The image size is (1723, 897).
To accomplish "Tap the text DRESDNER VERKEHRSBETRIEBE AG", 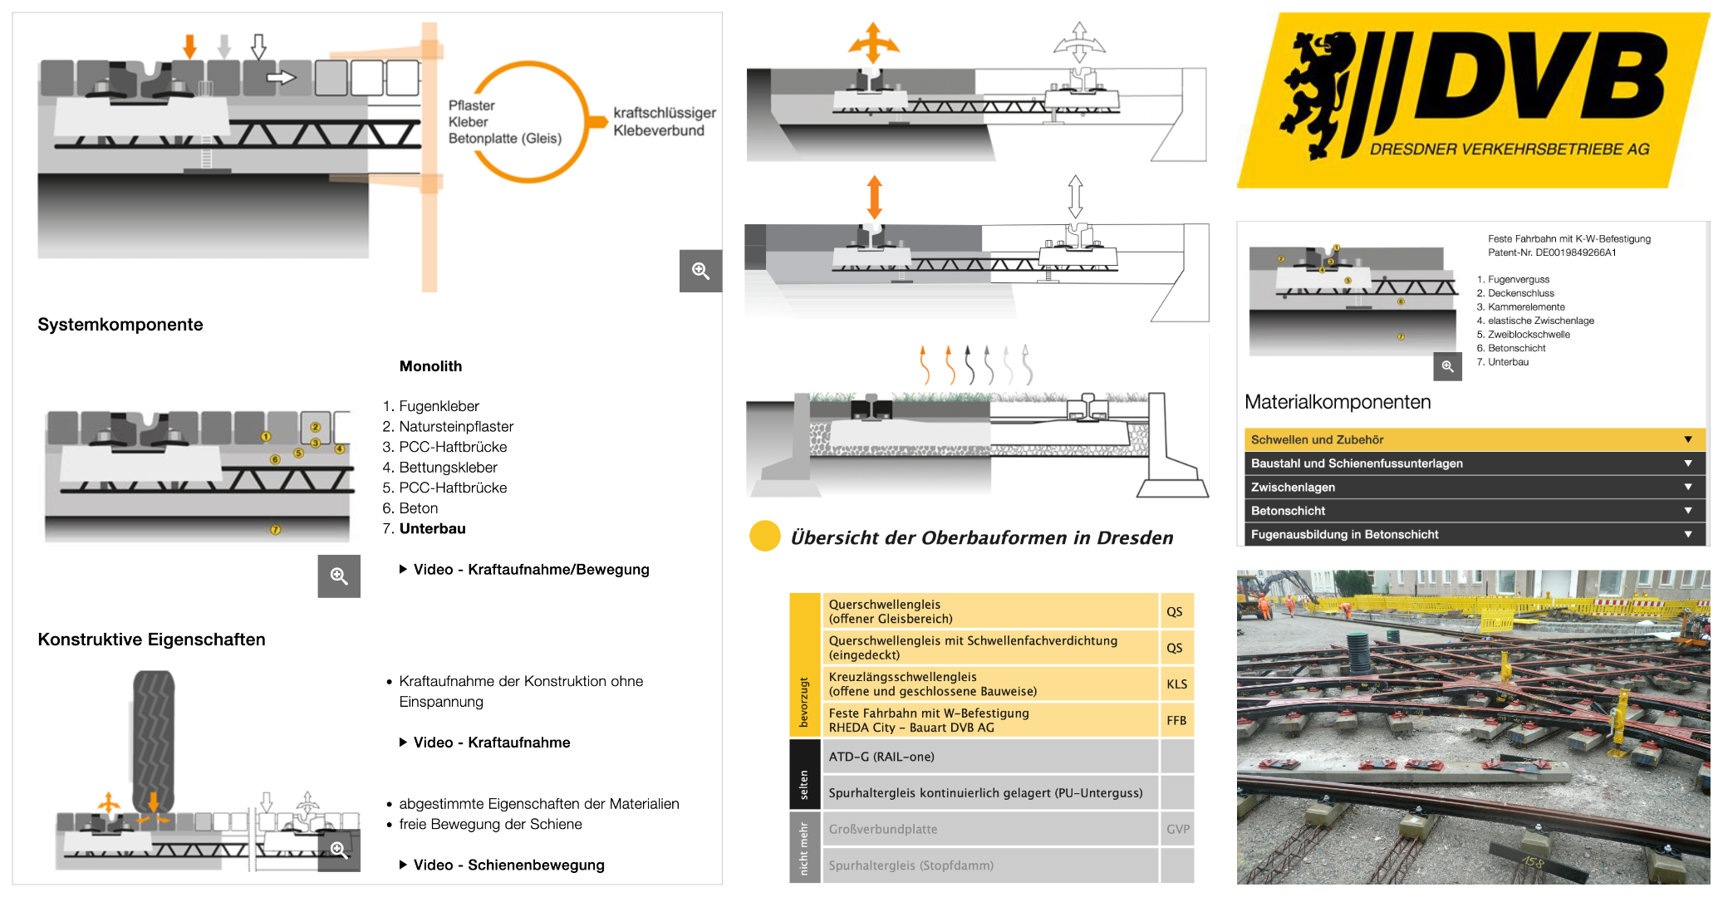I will pyautogui.click(x=1509, y=149).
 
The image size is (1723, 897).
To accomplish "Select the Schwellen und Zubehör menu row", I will pyautogui.click(x=1470, y=439).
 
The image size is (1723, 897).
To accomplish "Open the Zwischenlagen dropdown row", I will pyautogui.click(x=1470, y=487).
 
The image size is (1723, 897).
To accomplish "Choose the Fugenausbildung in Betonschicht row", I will pyautogui.click(x=1470, y=534).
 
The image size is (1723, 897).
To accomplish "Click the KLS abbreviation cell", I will pyautogui.click(x=1176, y=684).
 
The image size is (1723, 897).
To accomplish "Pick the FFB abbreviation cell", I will pyautogui.click(x=1176, y=720).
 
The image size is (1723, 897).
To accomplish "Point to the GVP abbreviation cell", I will pyautogui.click(x=1177, y=829).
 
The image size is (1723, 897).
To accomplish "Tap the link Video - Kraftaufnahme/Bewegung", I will pyautogui.click(x=531, y=570).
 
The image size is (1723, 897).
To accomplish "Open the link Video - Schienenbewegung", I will pyautogui.click(x=508, y=865).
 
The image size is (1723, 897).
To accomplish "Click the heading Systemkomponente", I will pyautogui.click(x=120, y=325).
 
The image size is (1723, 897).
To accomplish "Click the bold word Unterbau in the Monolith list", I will pyautogui.click(x=432, y=528).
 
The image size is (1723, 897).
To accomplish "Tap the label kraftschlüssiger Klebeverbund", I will pyautogui.click(x=664, y=121).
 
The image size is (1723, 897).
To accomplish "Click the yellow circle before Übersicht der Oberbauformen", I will pyautogui.click(x=764, y=537).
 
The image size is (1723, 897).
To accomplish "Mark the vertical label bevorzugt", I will pyautogui.click(x=803, y=702).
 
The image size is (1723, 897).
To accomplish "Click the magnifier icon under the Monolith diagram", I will pyautogui.click(x=339, y=576).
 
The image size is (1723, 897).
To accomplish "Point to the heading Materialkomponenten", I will pyautogui.click(x=1338, y=402).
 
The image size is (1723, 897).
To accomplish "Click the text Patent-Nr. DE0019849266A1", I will pyautogui.click(x=1552, y=252).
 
